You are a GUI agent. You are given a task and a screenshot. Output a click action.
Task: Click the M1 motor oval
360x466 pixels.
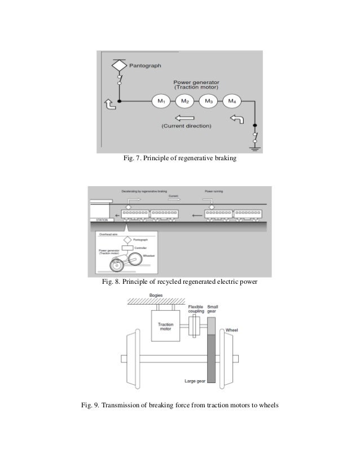161,102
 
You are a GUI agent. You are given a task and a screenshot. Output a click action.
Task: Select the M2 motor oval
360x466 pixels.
185,102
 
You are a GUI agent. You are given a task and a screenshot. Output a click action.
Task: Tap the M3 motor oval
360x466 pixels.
208,102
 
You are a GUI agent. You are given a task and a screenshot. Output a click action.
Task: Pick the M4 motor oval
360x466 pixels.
232,102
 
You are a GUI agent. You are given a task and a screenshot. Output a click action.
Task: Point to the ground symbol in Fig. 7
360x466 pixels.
255,148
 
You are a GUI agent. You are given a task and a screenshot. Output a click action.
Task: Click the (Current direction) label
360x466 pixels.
186,126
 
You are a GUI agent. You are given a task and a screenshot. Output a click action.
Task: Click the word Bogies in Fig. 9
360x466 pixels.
156,295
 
